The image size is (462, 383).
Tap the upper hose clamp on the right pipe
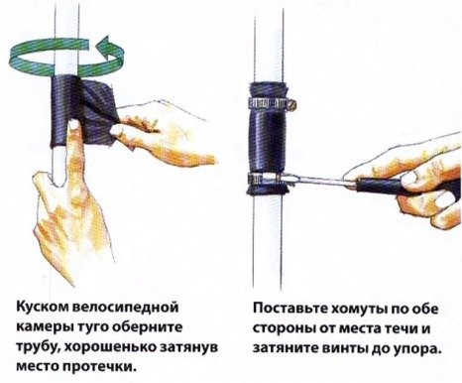coord(272,104)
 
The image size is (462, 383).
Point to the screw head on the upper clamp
coord(291,105)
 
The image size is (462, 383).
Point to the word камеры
coord(45,327)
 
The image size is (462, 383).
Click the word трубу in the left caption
coord(37,347)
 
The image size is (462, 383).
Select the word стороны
coord(284,329)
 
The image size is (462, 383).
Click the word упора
coord(419,350)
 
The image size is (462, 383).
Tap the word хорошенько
coord(109,347)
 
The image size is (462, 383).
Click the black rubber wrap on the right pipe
coord(267,139)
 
